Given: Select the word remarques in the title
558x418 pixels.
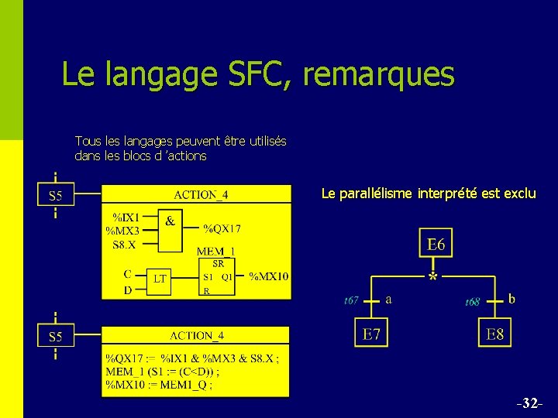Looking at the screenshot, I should coord(379,74).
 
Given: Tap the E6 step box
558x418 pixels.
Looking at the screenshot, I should coord(436,245).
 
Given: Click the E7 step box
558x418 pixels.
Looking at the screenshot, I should coord(371,334).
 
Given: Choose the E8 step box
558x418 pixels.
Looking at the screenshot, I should coord(494,334).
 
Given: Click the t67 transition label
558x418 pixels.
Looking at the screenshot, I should coord(351,300).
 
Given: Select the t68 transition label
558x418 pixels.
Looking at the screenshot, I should coord(472,301).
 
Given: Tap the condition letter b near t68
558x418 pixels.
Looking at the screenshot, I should coord(512,297).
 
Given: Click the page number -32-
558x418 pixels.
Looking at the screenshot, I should coord(530,404).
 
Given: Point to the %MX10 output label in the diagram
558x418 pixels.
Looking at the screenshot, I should coord(269,276).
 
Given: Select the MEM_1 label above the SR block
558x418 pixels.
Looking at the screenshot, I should coord(216,251).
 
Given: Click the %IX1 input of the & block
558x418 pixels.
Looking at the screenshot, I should coord(126,218).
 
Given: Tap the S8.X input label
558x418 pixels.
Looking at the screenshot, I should coord(124,244).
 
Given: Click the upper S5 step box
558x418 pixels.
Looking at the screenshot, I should coord(56,196).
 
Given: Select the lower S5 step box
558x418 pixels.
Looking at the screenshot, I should coord(56,337).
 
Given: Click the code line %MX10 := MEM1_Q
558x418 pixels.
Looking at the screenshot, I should coord(159,384).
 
